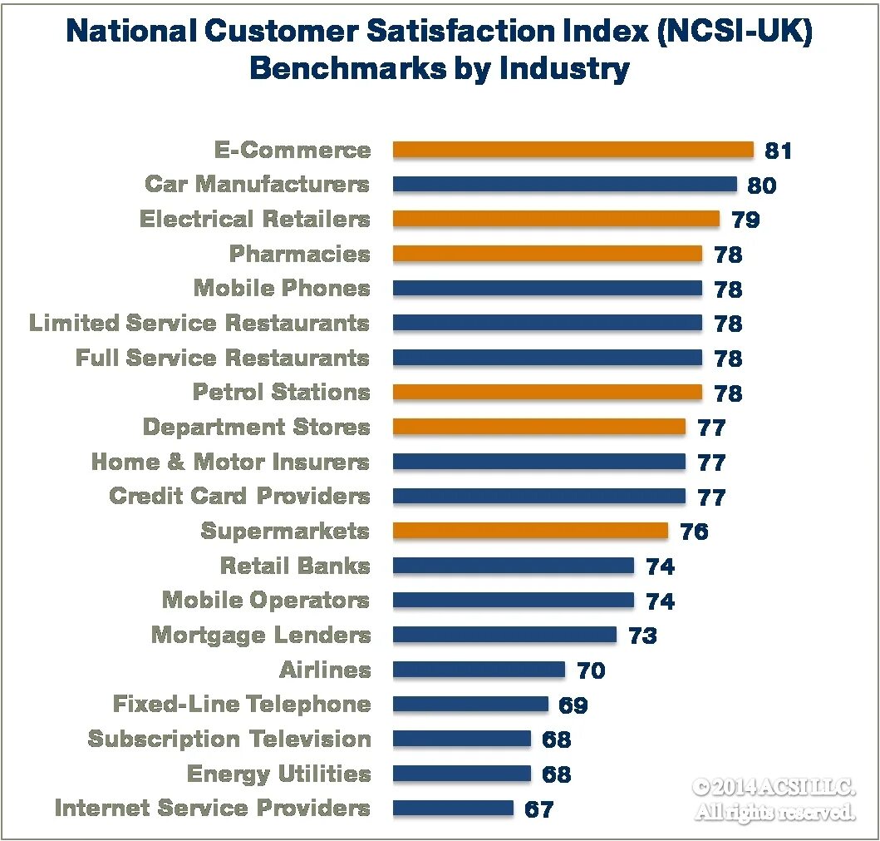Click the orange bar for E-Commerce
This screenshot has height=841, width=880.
point(573,150)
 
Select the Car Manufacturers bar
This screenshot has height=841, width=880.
point(564,185)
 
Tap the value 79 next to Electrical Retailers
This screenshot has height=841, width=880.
point(745,220)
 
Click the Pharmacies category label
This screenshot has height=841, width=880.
point(300,254)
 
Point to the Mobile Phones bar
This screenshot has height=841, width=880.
point(547,289)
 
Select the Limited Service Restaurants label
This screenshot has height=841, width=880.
point(199,323)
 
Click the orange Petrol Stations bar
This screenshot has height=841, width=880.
point(547,393)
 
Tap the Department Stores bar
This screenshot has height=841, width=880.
point(538,427)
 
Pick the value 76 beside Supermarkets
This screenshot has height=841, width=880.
point(694,532)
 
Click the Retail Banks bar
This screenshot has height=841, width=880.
point(513,566)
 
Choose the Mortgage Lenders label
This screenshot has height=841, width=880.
point(261,636)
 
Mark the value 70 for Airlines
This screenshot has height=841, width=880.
point(591,670)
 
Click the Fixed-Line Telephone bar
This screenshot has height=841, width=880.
point(470,705)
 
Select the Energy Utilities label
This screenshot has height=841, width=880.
point(278,774)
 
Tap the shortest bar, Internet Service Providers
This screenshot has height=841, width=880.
point(453,808)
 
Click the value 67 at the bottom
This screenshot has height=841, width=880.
point(538,809)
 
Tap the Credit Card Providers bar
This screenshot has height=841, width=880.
point(538,497)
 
